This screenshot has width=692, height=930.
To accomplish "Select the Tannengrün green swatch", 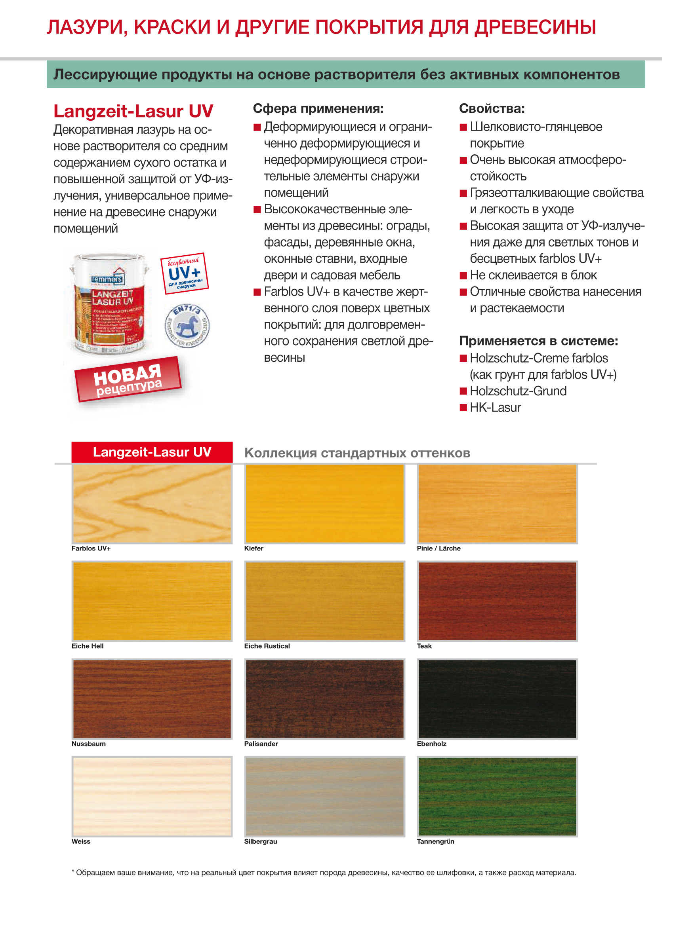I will click(x=497, y=796).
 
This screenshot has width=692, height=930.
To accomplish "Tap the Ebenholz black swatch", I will click(x=497, y=698).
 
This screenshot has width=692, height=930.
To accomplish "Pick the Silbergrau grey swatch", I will click(x=325, y=796).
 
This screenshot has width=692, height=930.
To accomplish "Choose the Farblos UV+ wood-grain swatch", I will click(x=152, y=503).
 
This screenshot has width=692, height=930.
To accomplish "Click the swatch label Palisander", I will click(x=261, y=744).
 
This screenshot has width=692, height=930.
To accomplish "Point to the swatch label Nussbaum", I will click(x=88, y=744).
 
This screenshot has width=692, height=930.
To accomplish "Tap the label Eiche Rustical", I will click(x=267, y=646).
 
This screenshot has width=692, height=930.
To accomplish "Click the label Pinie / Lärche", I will click(x=438, y=548).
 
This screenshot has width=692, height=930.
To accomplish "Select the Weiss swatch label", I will click(x=81, y=841).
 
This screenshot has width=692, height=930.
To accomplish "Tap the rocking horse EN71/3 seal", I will click(x=187, y=325).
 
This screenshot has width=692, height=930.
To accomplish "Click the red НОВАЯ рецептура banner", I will click(x=128, y=379).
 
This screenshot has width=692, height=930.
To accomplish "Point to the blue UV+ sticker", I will click(x=184, y=273).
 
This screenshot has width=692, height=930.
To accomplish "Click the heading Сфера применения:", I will click(x=318, y=109).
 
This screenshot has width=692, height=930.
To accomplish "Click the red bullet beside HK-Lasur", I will click(x=463, y=408).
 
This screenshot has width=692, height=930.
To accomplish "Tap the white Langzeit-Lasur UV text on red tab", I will click(x=152, y=452).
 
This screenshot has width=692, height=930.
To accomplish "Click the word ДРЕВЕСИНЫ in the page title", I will click(x=535, y=27).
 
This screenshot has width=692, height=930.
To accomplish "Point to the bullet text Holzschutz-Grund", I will click(x=518, y=391).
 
